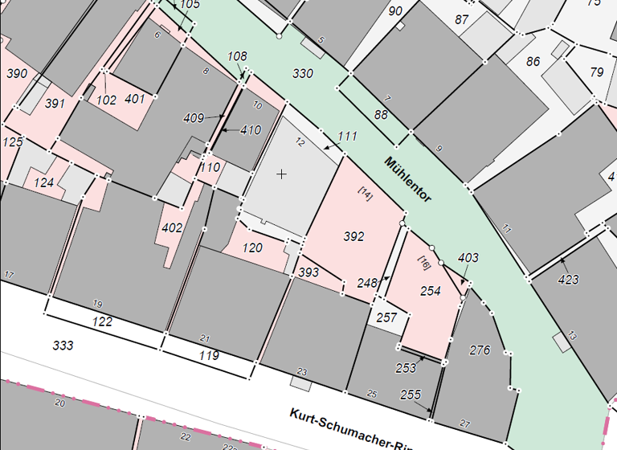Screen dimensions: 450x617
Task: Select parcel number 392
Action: point(353,236)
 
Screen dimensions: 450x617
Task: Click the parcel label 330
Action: point(303,74)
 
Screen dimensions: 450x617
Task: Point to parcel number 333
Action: point(63,346)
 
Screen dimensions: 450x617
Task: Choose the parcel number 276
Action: point(480,350)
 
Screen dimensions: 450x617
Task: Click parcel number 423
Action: point(568,280)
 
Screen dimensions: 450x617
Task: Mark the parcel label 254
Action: point(431,291)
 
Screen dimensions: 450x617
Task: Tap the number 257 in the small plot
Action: point(386,317)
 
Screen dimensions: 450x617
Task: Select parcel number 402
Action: point(172,228)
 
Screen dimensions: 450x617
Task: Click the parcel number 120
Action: point(252,248)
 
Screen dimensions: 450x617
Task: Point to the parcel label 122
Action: point(102,321)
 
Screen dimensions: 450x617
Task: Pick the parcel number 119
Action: point(209,354)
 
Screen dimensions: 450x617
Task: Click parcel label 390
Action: point(17,74)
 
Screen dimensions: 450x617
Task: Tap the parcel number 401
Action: point(135,99)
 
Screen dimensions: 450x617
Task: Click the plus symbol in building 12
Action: point(281,174)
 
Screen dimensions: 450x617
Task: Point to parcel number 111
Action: point(346,137)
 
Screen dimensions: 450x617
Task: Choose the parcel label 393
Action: point(309,272)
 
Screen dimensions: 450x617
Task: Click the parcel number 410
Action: point(251,130)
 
